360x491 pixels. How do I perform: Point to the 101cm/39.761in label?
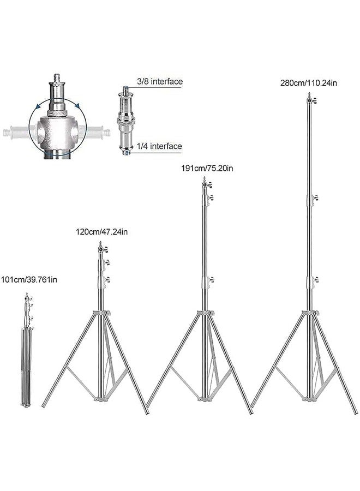pos(29,280)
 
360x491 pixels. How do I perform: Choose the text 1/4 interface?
pos(159,146)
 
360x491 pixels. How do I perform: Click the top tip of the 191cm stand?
pos(205,179)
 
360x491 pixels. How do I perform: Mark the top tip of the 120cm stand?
pos(100,243)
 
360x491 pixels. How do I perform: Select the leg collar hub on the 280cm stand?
pos(310,312)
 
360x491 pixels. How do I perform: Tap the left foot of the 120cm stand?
pos(44,407)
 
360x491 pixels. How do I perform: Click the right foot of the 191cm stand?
pos(251,412)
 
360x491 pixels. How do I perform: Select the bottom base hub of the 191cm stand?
pos(205,398)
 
